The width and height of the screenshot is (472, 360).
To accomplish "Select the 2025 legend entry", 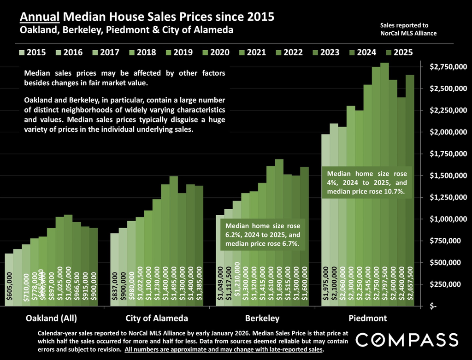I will pos(399,52).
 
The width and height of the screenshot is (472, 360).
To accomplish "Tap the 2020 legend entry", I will pos(215,52).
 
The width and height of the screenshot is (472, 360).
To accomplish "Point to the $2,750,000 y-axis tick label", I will pos(447,67).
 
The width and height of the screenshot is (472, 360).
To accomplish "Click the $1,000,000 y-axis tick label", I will pos(447,219).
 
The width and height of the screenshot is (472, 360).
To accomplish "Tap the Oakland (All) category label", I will pos(51,319).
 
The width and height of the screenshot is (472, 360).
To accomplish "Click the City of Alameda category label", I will pos(157,319).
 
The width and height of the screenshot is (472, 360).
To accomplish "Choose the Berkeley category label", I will pos(262,319).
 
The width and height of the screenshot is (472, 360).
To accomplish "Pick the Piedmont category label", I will pos(367,319).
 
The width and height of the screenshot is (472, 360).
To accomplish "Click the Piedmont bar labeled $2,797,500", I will pos(384,184).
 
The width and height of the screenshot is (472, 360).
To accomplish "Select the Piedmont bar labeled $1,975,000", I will pos(325,221).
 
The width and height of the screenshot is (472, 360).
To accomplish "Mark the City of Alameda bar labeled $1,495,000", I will pos(174,240).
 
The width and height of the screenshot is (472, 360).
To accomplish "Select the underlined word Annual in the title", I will pos(40,18).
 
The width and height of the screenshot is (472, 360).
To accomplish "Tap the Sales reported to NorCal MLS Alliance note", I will pos(408,29).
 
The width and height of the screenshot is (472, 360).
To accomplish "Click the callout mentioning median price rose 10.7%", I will pos(367,183).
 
